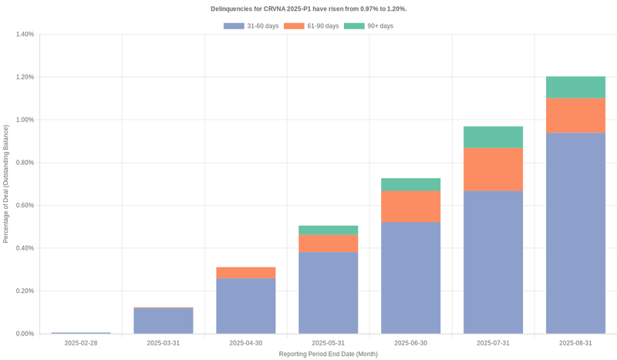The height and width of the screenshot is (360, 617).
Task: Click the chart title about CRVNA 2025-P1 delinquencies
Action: tap(308, 8)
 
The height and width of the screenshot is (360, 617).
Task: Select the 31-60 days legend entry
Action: tap(251, 26)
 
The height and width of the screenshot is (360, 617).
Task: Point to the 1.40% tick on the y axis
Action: tap(23, 35)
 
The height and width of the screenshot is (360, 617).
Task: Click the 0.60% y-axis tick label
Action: tap(23, 206)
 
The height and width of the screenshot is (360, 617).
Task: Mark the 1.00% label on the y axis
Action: tap(23, 120)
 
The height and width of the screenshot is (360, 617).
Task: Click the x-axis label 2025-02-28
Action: tap(81, 343)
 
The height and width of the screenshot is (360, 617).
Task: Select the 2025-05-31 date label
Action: tap(328, 343)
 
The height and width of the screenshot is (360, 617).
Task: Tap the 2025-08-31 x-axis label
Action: tap(575, 343)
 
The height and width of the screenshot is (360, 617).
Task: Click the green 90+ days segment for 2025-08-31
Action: tap(575, 87)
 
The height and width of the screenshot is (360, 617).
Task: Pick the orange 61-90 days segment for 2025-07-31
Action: tap(493, 169)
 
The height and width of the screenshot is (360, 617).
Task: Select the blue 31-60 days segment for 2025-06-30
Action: tap(410, 278)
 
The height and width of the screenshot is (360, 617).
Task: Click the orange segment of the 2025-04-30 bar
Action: tap(246, 273)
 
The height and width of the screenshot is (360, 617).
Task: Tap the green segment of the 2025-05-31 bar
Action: tap(328, 230)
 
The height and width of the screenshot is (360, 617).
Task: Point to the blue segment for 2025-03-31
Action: tap(164, 321)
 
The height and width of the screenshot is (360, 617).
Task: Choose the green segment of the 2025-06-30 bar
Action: tap(410, 184)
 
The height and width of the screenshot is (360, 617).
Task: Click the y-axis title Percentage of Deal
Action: tap(6, 184)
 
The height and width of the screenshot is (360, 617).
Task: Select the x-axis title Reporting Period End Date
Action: tap(328, 354)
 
